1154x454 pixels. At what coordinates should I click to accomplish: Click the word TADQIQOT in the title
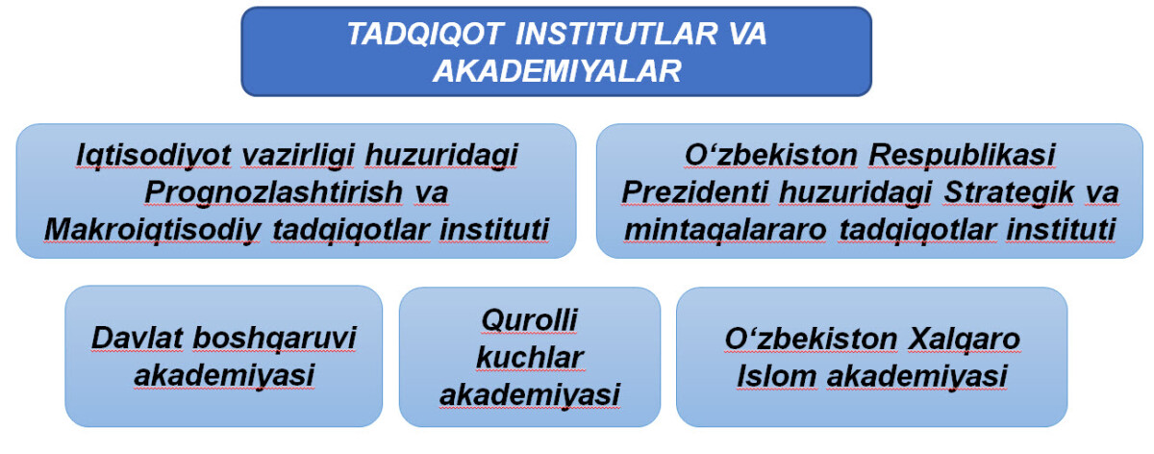(x=425, y=34)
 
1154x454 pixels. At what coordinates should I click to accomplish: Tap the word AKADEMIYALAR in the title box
(x=557, y=70)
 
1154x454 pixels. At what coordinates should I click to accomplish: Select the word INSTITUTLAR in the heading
(x=616, y=34)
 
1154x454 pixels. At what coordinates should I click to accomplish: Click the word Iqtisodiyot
(x=153, y=156)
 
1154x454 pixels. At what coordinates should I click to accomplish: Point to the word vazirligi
(x=297, y=156)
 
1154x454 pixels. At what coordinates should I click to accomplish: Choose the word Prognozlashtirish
(x=273, y=192)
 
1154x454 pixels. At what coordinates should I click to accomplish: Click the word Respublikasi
(x=962, y=156)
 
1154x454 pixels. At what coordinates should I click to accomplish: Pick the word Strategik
(x=1009, y=192)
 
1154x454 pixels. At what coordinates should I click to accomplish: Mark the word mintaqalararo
(x=725, y=230)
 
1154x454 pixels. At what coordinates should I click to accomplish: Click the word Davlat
(x=137, y=339)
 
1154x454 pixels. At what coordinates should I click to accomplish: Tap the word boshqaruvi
(x=274, y=340)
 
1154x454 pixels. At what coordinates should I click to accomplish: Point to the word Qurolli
(x=529, y=320)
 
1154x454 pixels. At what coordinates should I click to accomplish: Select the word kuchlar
(x=530, y=357)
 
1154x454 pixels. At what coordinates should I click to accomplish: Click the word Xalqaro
(x=964, y=340)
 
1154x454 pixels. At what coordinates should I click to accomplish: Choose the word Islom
(x=776, y=376)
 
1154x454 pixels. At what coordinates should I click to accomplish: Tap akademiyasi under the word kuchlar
(x=530, y=394)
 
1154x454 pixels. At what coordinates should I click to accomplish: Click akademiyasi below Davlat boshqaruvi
(x=224, y=376)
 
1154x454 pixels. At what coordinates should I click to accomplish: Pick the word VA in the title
(x=747, y=34)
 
